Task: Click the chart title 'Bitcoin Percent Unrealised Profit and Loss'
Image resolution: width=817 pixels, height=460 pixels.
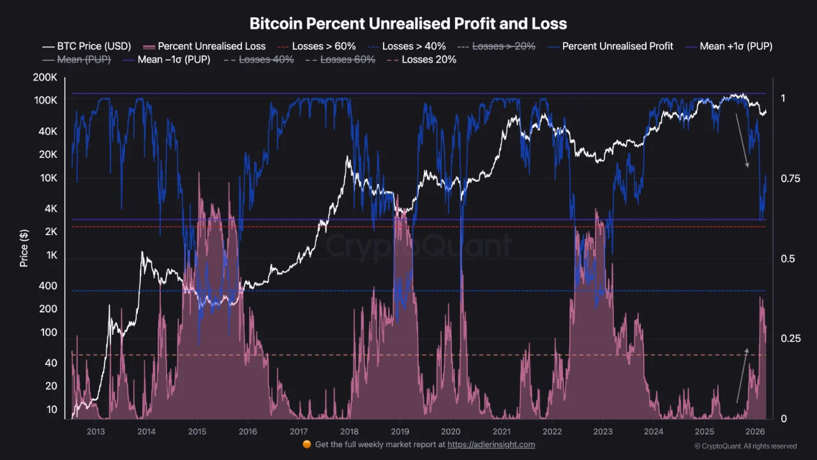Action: click(x=408, y=24)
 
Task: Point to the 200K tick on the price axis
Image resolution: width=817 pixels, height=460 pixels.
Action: click(x=45, y=78)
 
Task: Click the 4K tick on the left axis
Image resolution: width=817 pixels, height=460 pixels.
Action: click(x=49, y=209)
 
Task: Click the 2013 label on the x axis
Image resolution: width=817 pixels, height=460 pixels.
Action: click(x=96, y=431)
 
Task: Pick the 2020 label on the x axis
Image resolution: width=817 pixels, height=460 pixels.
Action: click(x=451, y=431)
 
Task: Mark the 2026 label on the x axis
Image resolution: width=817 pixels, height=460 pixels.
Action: click(x=755, y=431)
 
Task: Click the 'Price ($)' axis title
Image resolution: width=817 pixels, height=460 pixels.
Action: click(x=24, y=248)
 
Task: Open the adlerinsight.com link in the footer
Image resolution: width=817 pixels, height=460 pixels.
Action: click(x=491, y=445)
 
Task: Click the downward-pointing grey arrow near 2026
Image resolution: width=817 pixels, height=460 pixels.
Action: click(x=742, y=141)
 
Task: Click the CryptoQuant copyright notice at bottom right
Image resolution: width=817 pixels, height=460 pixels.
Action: click(x=745, y=446)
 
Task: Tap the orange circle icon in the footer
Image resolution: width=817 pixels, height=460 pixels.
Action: click(x=306, y=445)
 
